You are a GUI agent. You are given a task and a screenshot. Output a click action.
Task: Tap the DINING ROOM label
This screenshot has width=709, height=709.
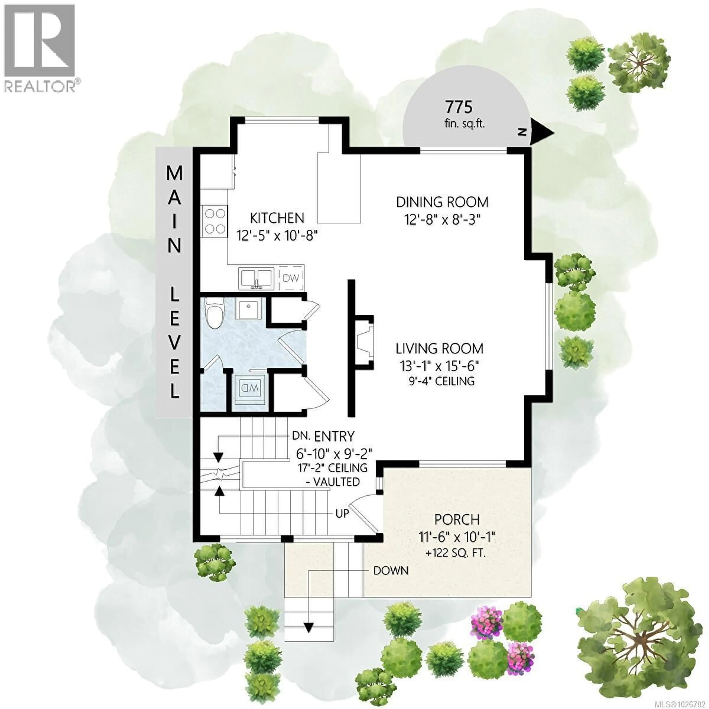click(x=442, y=202)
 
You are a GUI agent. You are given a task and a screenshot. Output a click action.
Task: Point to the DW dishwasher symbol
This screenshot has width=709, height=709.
click(x=291, y=278)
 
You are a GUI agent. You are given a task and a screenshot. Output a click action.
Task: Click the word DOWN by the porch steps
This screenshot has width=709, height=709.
click(x=391, y=571)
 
